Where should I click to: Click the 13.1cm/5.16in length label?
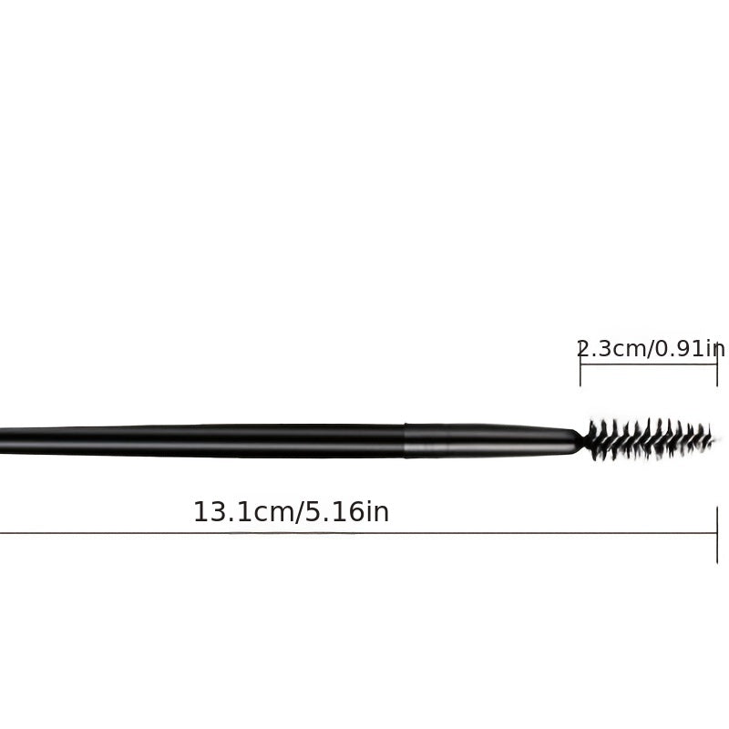291,512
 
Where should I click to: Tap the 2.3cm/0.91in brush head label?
651,349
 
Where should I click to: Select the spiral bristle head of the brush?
651,438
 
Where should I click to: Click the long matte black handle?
202,441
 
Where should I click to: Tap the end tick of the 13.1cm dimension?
717,535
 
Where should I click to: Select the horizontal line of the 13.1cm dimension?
358,533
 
